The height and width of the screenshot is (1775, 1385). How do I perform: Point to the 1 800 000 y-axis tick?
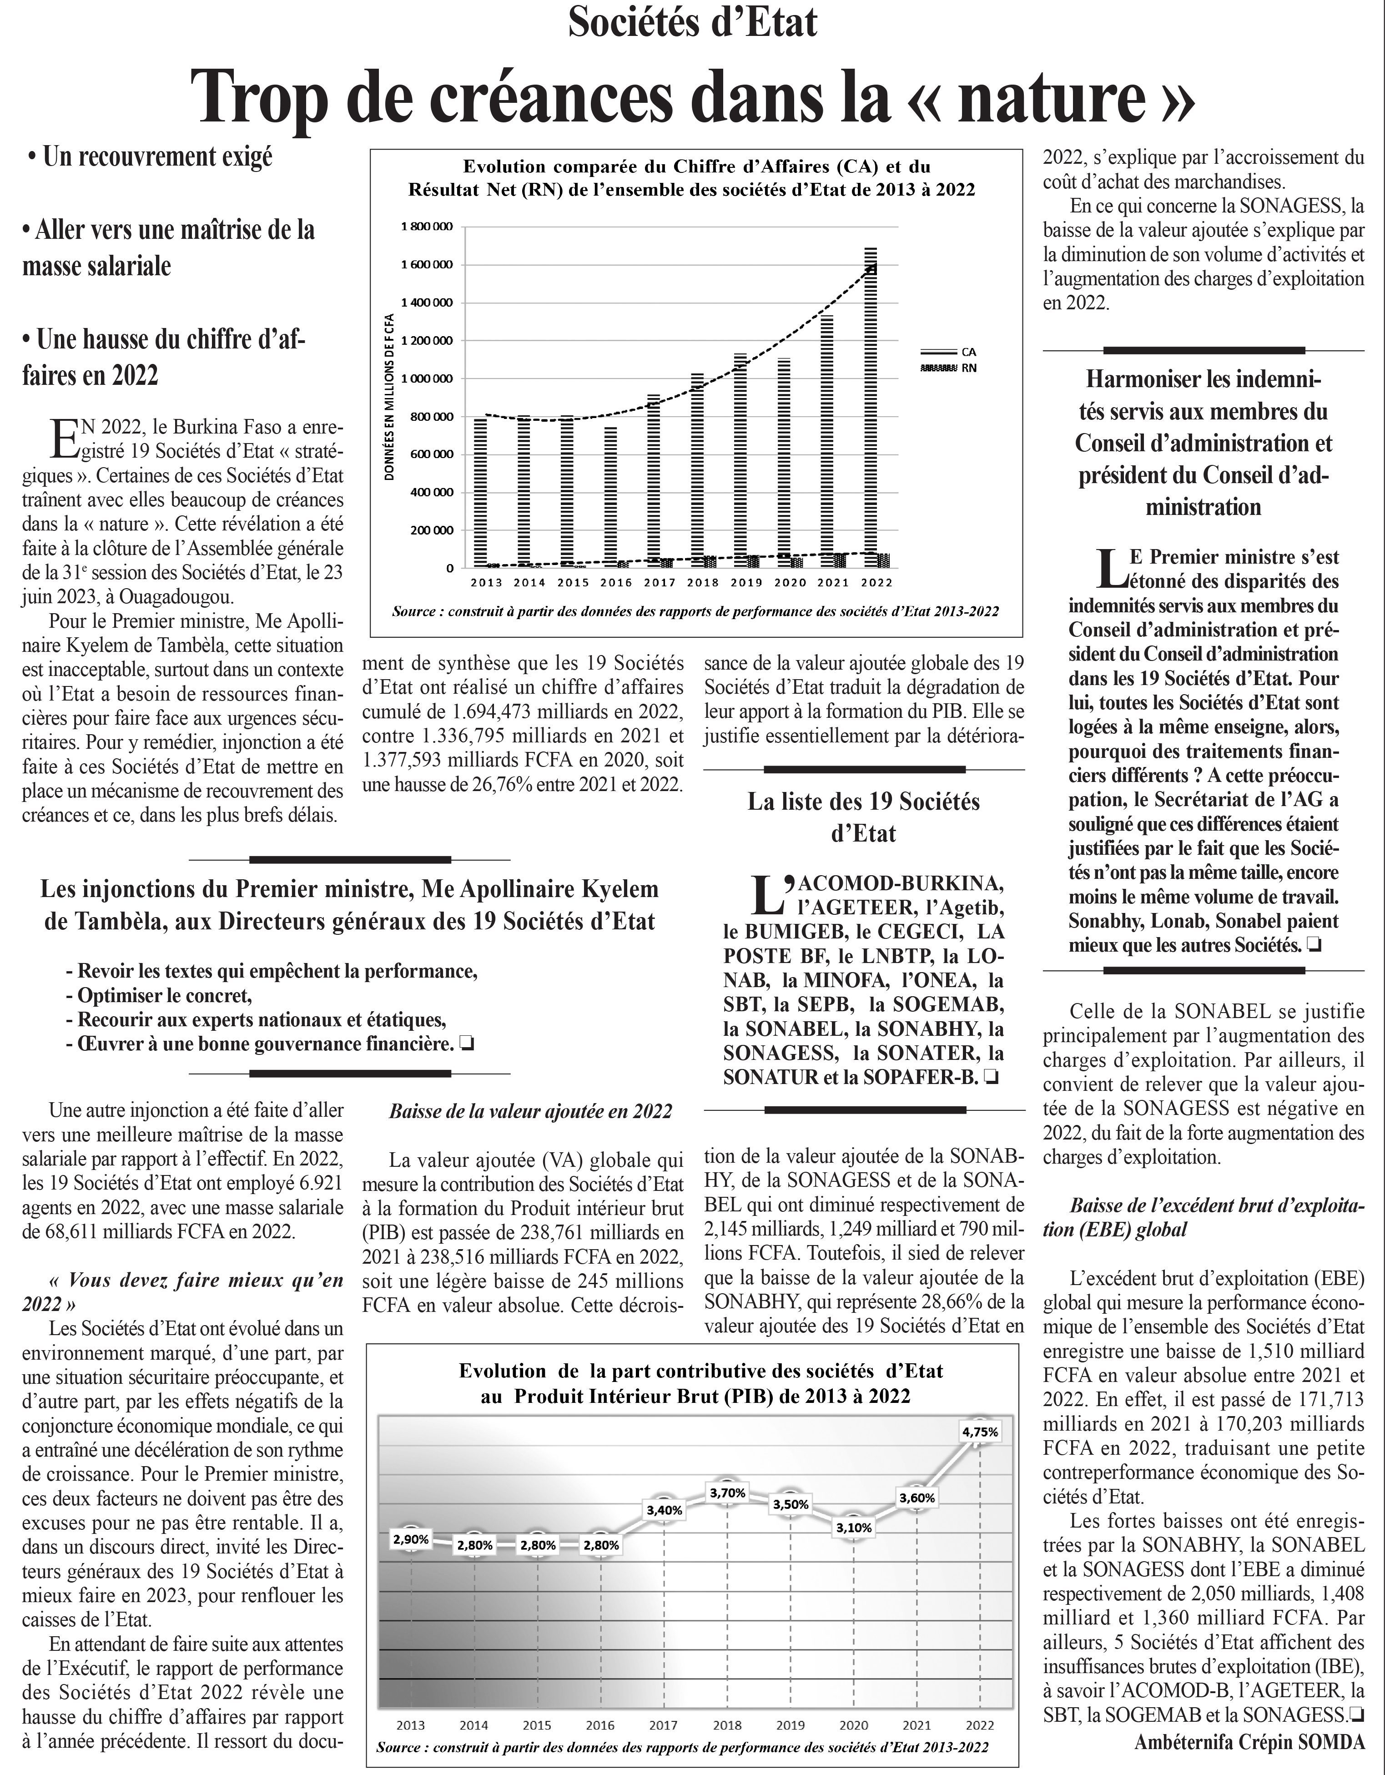point(428,226)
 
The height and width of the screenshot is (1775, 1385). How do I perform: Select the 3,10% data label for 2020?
point(853,1528)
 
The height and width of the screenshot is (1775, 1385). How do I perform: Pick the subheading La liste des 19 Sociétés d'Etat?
point(863,817)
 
